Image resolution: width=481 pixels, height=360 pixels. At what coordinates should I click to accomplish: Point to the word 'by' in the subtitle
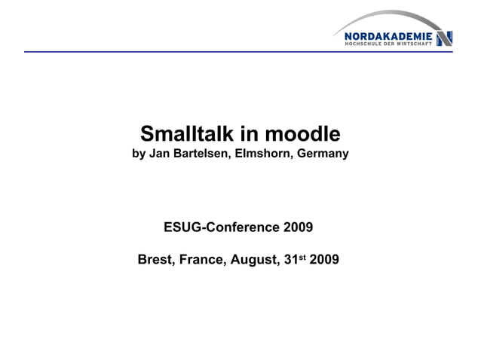(x=139, y=154)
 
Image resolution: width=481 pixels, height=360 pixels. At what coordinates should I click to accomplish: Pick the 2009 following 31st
(x=324, y=261)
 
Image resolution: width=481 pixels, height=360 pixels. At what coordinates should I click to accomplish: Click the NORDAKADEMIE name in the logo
(x=388, y=35)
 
